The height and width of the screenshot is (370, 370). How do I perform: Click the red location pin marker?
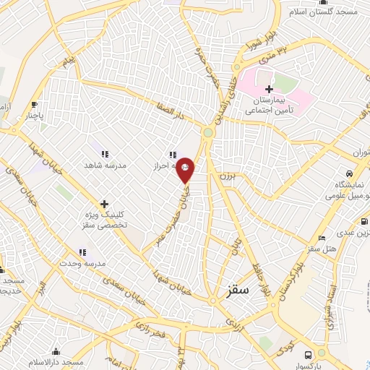pyautogui.click(x=186, y=169)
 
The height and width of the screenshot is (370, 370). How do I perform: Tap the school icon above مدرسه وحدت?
pyautogui.click(x=82, y=251)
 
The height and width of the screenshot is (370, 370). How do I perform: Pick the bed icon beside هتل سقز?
pyautogui.click(x=322, y=238)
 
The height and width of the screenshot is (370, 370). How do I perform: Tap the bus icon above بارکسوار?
pyautogui.click(x=309, y=355)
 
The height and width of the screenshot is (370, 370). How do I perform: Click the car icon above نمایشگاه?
pyautogui.click(x=350, y=174)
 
